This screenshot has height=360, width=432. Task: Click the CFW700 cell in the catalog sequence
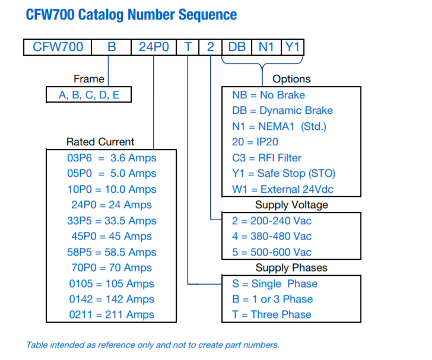pyautogui.click(x=58, y=47)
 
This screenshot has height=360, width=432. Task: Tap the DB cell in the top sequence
pyautogui.click(x=237, y=47)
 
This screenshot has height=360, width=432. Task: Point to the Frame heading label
pyautogui.click(x=89, y=79)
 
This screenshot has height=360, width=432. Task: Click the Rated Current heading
pyautogui.click(x=100, y=142)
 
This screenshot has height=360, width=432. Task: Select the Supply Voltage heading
pyautogui.click(x=291, y=205)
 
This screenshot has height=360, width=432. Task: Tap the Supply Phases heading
pyautogui.click(x=291, y=267)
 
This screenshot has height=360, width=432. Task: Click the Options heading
pyautogui.click(x=291, y=79)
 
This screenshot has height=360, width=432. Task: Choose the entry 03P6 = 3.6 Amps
pyautogui.click(x=112, y=158)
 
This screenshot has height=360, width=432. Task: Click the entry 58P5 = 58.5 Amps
pyautogui.click(x=112, y=252)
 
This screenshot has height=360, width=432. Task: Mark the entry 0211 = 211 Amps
pyautogui.click(x=112, y=315)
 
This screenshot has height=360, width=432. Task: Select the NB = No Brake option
pyautogui.click(x=269, y=95)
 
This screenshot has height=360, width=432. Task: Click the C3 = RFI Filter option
pyautogui.click(x=267, y=158)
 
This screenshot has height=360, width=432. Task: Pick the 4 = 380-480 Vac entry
pyautogui.click(x=272, y=236)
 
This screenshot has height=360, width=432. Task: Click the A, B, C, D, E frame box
pyautogui.click(x=89, y=95)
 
